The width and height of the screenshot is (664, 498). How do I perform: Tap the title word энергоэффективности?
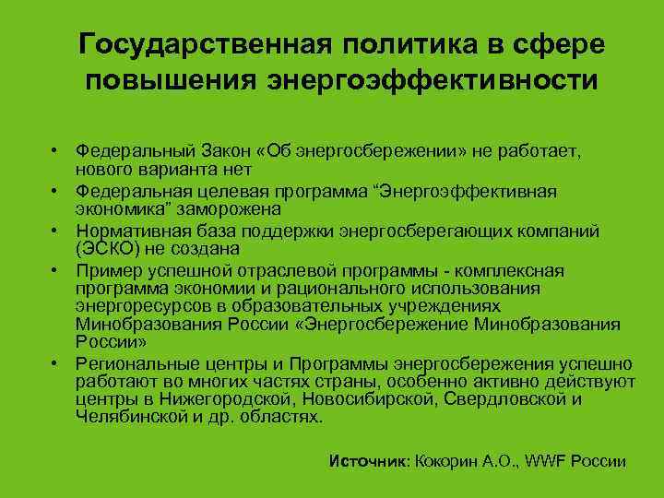tap(432, 80)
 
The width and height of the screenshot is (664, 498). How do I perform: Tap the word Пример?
tap(104, 269)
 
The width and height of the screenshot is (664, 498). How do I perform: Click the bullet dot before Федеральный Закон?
tap(56, 149)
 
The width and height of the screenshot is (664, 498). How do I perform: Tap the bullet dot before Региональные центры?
tap(56, 363)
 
